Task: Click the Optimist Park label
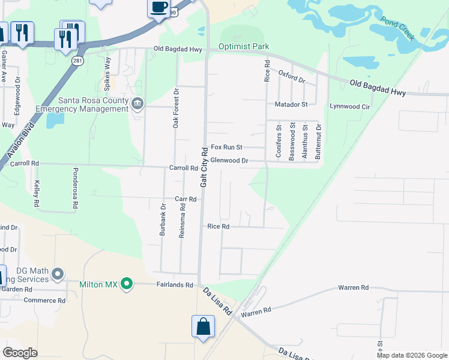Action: [x=244, y=46]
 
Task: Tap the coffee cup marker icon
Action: [x=158, y=8]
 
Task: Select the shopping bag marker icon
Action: [x=203, y=327]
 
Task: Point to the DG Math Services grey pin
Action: [x=58, y=275]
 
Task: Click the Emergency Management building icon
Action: [x=137, y=104]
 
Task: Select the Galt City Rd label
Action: [x=204, y=167]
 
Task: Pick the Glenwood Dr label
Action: [x=229, y=161]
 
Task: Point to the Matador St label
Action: [x=291, y=104]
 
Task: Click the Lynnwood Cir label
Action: [x=350, y=106]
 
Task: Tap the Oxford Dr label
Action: [x=292, y=76]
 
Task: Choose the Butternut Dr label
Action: [x=319, y=142]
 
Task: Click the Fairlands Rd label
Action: [x=175, y=285]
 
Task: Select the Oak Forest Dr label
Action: [x=176, y=109]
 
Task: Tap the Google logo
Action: [x=20, y=353]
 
